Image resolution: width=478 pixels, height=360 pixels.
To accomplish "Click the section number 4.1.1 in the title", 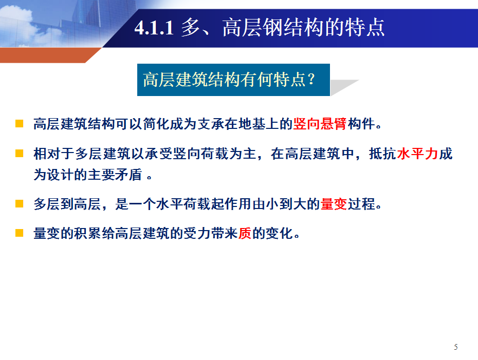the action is [x=154, y=28].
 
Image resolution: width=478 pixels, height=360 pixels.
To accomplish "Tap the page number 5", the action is [x=456, y=347].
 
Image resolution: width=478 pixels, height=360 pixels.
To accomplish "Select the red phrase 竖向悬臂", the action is [x=320, y=124].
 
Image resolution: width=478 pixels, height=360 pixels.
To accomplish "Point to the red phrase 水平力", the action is [x=418, y=154].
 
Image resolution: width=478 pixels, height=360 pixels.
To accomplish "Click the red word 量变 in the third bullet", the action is [x=334, y=204].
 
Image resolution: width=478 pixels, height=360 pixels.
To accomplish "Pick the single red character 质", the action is [x=245, y=233].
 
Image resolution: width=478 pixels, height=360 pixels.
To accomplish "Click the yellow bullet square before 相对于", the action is [x=19, y=153].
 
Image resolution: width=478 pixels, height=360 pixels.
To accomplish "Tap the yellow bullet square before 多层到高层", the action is [x=19, y=203].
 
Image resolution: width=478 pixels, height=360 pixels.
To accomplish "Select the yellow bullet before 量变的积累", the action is [x=19, y=233].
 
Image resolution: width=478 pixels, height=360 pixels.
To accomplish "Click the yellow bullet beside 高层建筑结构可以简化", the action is [x=19, y=123].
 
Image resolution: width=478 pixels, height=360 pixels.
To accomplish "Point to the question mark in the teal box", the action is [x=311, y=79].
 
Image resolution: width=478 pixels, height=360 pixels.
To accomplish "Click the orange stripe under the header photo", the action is [x=49, y=55].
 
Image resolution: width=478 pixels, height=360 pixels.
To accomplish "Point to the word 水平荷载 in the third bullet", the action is [x=183, y=204].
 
